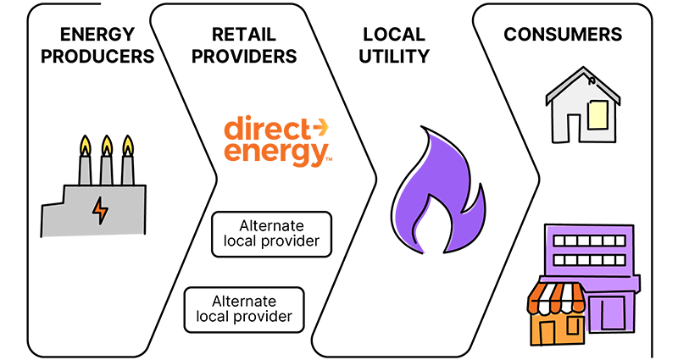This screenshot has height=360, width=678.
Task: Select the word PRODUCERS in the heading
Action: pos(98,58)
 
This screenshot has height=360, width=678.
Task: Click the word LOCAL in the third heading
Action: pos(395,35)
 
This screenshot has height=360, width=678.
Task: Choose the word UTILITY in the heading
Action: pos(395,58)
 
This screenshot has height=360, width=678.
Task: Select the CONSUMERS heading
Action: pos(563,35)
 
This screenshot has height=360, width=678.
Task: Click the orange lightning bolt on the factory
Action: pos(100,210)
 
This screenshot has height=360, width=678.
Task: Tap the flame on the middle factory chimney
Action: pos(107,145)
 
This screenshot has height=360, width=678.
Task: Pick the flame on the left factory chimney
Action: pos(86,145)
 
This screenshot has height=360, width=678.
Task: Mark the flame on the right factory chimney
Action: pos(128,145)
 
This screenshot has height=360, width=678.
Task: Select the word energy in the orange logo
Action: pos(273,153)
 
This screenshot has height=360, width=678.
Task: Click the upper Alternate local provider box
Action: pos(271,235)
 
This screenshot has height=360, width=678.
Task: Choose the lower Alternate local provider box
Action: pos(243,309)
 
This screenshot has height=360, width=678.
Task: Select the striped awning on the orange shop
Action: pos(557,296)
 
